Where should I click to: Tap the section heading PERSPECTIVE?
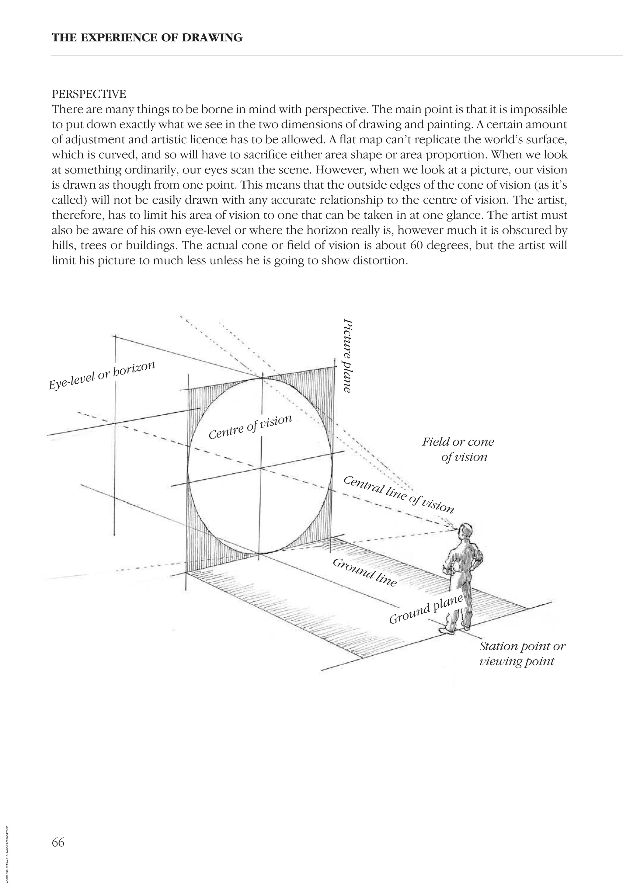click(x=89, y=94)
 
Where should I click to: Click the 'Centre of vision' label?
click(x=250, y=427)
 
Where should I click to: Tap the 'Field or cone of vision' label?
click(x=458, y=449)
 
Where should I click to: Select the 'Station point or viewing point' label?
click(x=522, y=653)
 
